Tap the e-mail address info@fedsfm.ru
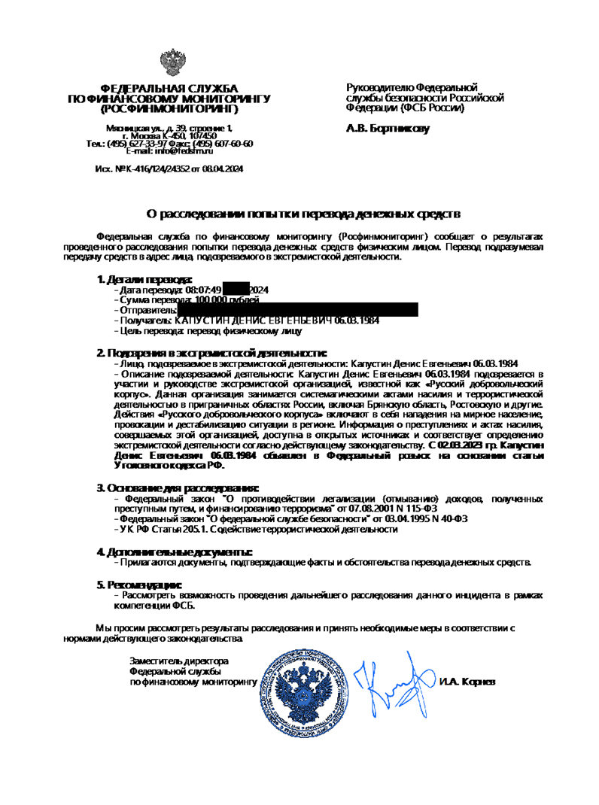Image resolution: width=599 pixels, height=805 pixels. click(x=186, y=151)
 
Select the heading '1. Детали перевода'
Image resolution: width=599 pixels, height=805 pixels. click(x=139, y=279)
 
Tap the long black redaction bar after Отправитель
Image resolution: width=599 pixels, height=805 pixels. click(x=297, y=309)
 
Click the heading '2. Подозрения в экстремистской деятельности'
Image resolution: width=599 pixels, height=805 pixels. click(x=211, y=352)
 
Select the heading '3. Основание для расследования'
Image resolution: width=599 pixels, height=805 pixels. click(x=178, y=488)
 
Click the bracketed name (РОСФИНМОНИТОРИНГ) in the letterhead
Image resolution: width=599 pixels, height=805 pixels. click(x=169, y=108)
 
